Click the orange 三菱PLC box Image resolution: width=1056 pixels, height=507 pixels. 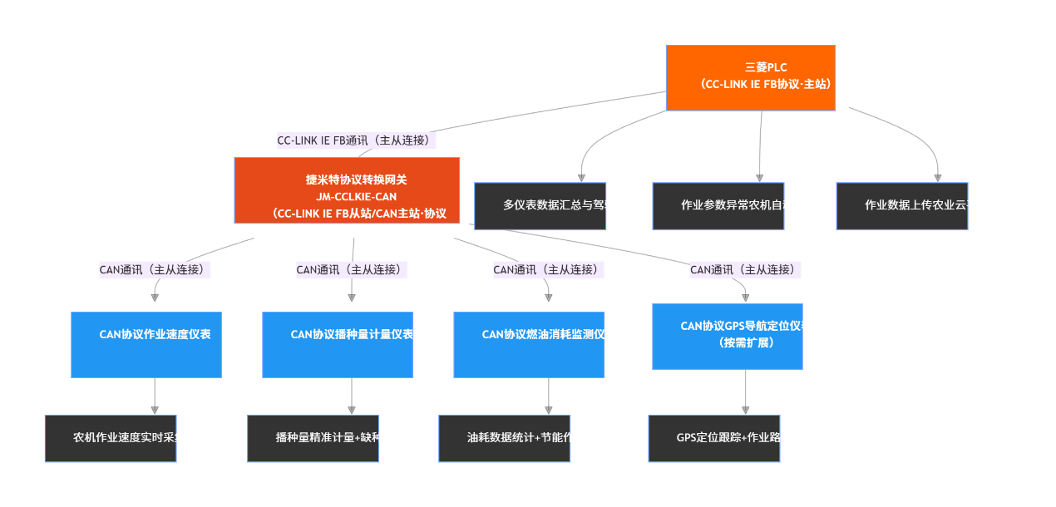750,77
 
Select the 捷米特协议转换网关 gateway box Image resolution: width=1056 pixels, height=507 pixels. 347,190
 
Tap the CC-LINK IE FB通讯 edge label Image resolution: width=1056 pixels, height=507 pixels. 356,140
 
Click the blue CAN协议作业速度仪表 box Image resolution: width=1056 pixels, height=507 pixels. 146,344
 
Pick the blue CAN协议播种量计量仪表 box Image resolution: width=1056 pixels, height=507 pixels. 338,344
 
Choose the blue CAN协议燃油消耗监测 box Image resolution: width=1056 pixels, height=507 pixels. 529,344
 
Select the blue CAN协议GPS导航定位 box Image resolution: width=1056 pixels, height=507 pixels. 728,336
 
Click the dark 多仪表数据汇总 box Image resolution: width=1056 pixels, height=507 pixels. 540,205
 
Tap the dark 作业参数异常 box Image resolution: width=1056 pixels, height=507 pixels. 718,205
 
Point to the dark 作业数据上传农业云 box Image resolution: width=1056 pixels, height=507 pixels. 902,205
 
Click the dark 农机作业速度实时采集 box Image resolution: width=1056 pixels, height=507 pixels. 111,438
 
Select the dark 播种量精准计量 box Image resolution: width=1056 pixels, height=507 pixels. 313,438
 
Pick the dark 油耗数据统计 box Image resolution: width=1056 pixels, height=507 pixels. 504,438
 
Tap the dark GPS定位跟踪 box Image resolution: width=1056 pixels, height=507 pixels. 714,438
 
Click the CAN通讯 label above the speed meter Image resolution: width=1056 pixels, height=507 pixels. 155,269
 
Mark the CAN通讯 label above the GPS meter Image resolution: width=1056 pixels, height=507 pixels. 745,269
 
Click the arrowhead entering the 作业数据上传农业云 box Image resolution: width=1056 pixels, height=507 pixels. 938,178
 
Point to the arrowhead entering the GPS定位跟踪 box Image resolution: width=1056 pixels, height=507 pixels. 745,410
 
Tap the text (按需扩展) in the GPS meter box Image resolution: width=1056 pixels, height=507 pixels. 746,342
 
